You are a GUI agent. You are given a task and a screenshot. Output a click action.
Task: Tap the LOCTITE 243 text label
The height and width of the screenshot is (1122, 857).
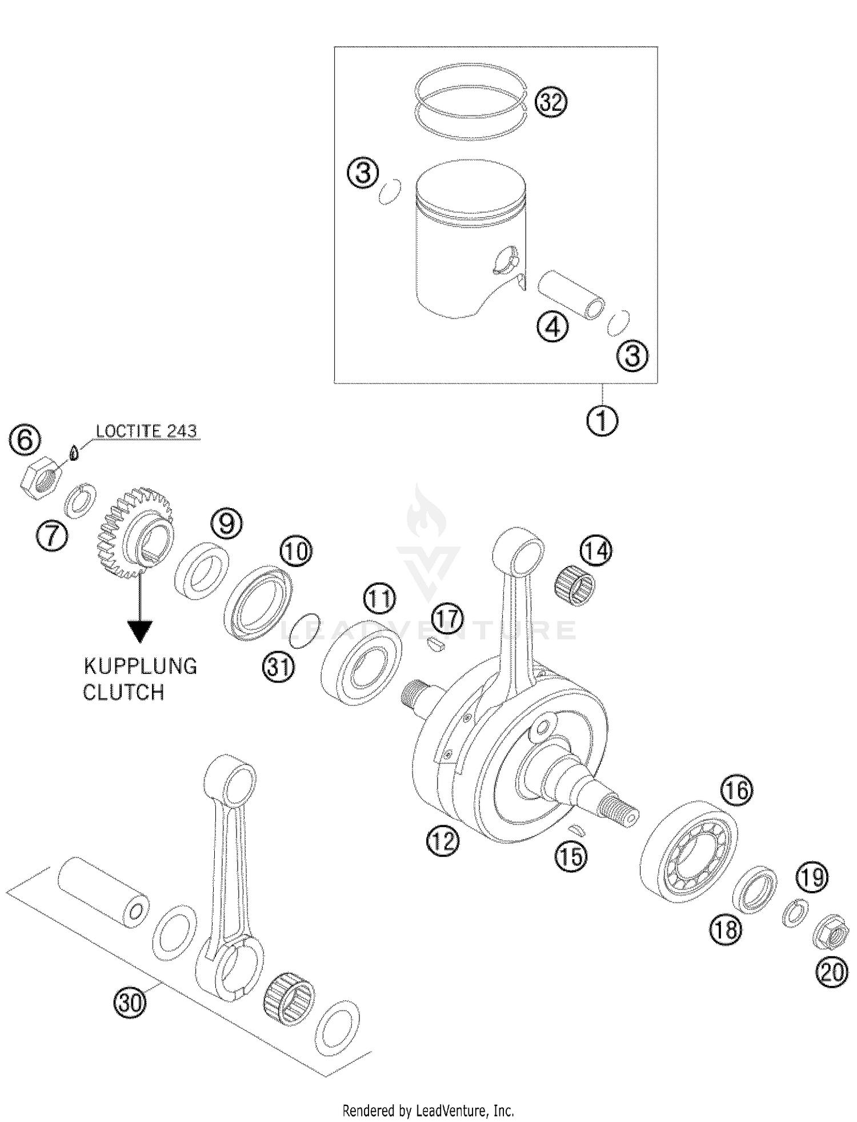146,431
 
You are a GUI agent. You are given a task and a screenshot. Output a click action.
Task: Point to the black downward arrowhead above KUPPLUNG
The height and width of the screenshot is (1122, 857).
139,632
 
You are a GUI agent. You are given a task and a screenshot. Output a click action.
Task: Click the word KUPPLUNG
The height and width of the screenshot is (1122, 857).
140,666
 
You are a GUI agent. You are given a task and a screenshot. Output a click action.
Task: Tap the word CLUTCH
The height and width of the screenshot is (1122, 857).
123,692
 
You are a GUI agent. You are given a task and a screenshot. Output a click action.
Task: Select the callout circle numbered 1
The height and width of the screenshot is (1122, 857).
602,421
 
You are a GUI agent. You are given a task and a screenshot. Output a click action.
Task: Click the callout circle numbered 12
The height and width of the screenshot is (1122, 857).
442,841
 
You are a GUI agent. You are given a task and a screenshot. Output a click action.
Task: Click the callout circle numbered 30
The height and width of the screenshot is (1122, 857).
130,1003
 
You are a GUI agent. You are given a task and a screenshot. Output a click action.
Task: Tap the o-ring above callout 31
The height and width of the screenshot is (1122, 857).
305,632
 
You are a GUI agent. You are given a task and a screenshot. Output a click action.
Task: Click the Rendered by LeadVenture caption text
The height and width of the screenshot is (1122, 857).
428,1111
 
